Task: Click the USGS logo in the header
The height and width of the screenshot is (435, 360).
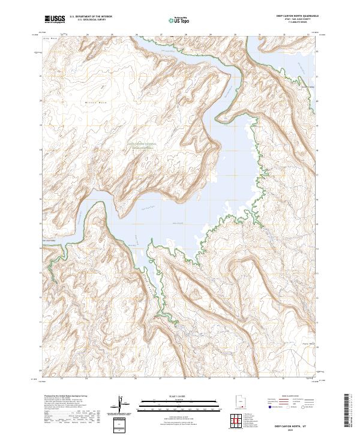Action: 55,20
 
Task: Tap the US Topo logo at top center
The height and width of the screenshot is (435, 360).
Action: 173,20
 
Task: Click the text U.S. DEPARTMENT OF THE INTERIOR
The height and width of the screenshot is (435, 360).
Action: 91,17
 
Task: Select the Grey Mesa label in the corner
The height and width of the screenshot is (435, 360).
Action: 52,38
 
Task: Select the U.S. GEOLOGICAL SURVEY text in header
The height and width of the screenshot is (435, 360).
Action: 89,20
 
